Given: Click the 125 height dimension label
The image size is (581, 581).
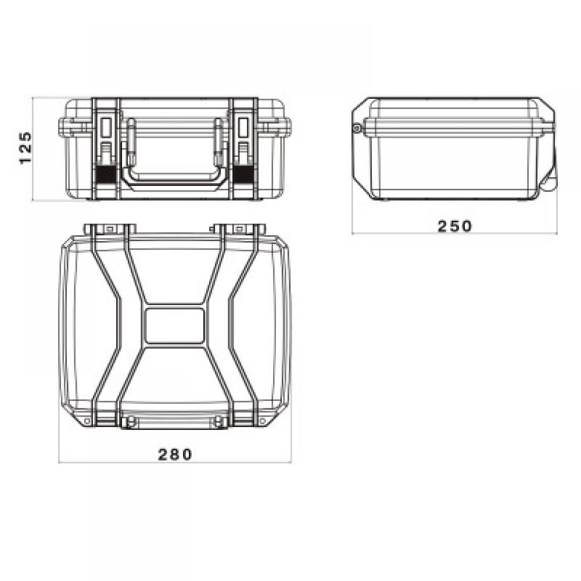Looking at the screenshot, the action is pos(25,148).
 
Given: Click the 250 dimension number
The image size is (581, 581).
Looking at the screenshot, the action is pos(455,226).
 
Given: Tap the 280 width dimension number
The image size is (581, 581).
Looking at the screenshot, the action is pos(175,454).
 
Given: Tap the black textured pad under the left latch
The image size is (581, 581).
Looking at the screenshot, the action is pos(106,174).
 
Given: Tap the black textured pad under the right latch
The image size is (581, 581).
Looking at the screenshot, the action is pos(243,174).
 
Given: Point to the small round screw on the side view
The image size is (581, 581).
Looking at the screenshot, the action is pos(357,128).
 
